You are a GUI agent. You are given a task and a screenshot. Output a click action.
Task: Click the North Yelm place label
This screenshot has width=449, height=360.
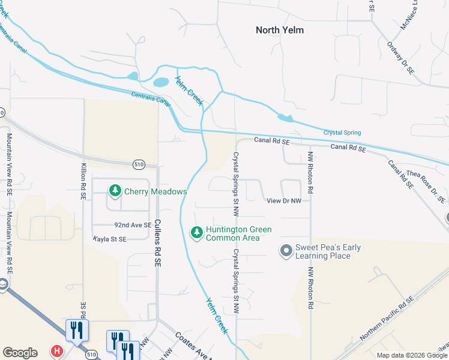279,30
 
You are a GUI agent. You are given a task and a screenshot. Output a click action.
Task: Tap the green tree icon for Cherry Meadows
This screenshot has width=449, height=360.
115,191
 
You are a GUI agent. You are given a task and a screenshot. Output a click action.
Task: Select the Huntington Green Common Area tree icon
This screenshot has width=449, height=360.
196,232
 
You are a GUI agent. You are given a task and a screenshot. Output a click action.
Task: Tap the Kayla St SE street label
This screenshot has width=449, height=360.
110,239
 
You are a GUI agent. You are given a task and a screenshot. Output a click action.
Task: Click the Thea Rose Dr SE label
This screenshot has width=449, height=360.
426,185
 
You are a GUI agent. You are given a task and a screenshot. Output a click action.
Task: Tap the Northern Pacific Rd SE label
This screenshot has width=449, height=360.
388,319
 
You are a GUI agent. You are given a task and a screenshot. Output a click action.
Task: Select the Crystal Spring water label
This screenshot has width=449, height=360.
342,133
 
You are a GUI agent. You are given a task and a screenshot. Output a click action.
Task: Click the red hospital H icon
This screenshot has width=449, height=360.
57,350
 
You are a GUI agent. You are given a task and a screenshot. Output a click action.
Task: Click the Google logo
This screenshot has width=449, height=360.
20,353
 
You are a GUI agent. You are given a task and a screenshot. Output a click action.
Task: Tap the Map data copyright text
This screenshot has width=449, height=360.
411,355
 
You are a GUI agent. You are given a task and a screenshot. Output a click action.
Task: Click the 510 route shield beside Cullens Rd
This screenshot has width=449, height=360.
139,163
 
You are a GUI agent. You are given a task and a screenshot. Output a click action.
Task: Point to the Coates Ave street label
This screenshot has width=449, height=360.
194,346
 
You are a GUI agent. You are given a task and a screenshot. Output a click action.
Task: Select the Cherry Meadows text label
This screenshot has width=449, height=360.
155,192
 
